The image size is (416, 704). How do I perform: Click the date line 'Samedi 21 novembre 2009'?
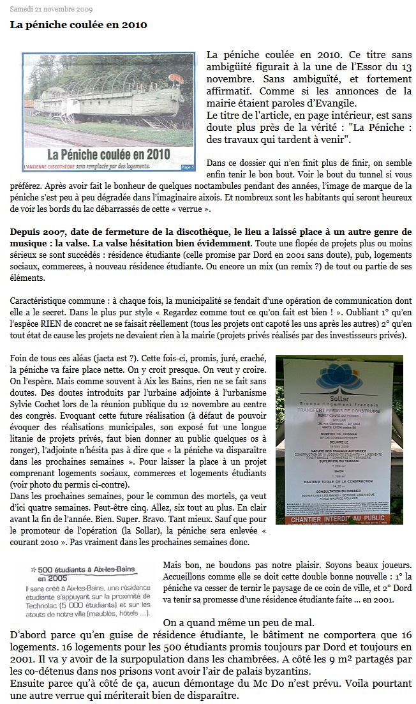click(x=51, y=10)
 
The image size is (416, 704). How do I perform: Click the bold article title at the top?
click(x=78, y=25)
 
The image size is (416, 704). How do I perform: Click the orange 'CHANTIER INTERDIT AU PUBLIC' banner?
click(x=339, y=520)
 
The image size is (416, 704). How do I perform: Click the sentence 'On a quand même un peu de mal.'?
click(x=238, y=622)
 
